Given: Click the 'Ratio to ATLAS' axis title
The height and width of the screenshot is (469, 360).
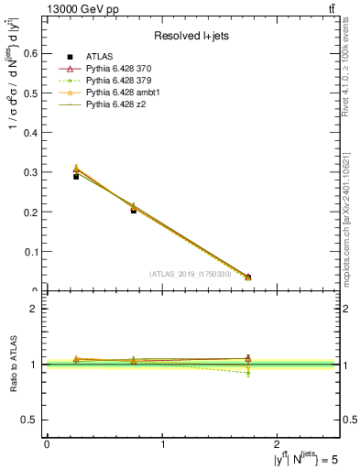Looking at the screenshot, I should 13,364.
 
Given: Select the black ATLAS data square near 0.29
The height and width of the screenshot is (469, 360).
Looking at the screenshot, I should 76,176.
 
